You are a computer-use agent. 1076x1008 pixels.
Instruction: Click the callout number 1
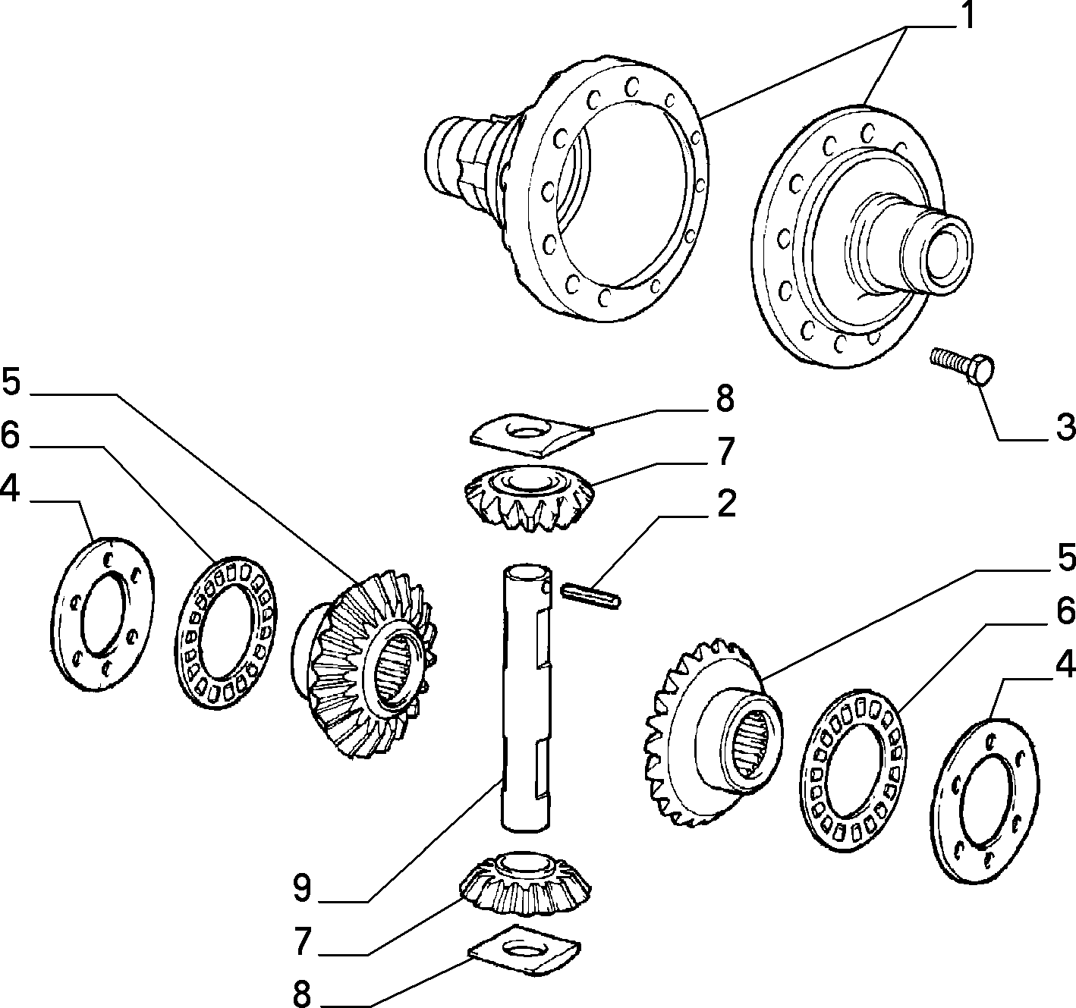(968, 15)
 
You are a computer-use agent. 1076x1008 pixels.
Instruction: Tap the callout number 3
(1065, 427)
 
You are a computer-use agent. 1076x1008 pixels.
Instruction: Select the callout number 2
(725, 504)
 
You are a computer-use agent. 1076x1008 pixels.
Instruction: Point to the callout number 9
(302, 887)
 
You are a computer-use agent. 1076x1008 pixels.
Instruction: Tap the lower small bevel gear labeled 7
(526, 883)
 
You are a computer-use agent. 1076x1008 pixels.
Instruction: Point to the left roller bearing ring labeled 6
(226, 632)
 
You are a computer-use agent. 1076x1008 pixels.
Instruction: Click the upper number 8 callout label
(725, 399)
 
